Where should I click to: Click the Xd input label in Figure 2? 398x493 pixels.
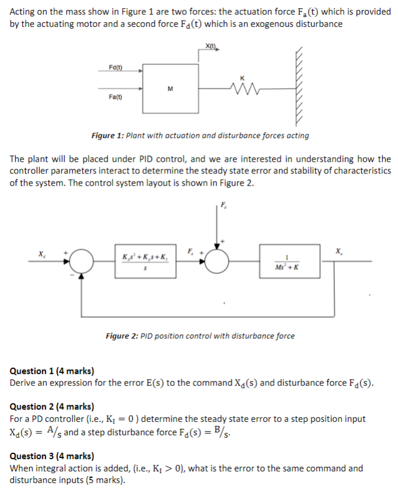(41, 254)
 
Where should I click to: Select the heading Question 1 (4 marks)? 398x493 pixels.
(52, 371)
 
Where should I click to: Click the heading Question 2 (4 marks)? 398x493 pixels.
(52, 406)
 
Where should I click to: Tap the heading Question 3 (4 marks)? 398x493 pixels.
(52, 456)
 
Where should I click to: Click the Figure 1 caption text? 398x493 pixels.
(200, 136)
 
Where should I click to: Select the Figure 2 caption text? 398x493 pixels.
(200, 336)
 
